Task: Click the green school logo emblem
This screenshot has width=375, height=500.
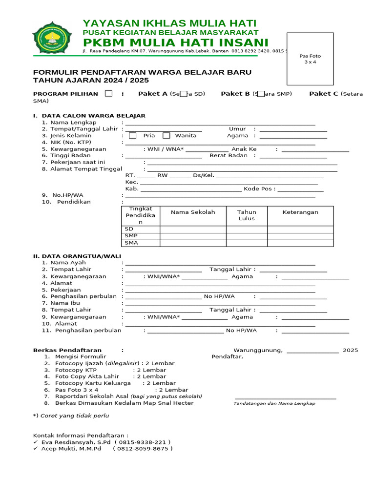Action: tap(52, 37)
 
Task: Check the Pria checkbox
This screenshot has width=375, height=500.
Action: tap(133, 136)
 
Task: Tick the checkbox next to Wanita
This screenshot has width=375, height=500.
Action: tap(167, 136)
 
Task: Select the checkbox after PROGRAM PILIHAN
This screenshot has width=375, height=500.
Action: tap(109, 94)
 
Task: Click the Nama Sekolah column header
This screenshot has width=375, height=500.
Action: tap(193, 212)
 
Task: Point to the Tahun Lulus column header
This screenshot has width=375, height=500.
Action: tap(247, 215)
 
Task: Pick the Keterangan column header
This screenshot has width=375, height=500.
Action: tap(300, 212)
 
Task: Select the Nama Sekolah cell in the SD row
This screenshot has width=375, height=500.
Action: tap(193, 229)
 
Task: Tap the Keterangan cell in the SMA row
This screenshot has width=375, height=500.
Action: tap(300, 243)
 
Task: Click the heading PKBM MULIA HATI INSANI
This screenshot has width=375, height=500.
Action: tap(176, 42)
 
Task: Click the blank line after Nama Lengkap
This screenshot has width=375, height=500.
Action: tap(220, 123)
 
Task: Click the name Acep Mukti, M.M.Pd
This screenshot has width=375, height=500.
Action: tap(71, 449)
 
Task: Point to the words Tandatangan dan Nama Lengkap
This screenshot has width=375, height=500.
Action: tap(274, 403)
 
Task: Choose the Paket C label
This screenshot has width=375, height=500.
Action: tap(323, 94)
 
